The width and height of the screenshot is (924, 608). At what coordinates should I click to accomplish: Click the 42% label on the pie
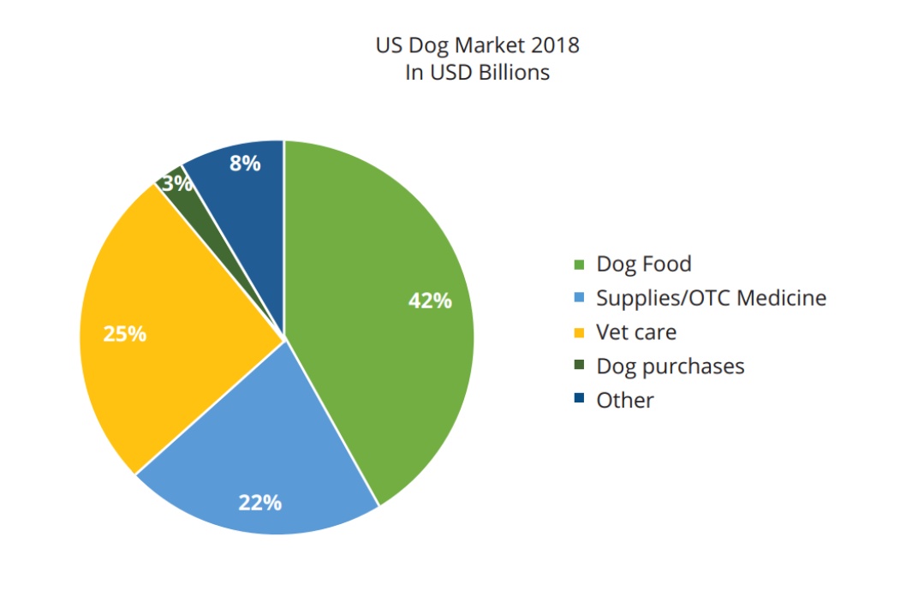(430, 301)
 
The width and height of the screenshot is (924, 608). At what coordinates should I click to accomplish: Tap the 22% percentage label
(259, 503)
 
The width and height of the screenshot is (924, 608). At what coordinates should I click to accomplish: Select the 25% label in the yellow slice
(124, 334)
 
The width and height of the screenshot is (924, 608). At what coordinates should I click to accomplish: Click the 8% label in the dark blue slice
(245, 164)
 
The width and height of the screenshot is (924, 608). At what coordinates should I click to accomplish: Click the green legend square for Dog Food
(579, 265)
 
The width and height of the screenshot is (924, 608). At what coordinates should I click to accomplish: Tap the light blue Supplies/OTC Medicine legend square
(579, 298)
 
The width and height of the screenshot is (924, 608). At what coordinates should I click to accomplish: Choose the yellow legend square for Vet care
(579, 332)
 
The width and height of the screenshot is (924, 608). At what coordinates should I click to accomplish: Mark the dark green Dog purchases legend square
(579, 366)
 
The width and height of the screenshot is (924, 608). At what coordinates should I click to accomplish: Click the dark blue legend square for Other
(579, 400)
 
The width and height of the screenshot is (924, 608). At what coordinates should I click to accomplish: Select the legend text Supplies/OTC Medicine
(711, 298)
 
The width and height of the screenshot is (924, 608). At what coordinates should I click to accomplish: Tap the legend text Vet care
(635, 332)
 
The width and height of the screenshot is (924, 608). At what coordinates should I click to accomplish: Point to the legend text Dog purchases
(670, 367)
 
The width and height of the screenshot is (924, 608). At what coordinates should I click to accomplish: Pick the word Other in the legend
(624, 400)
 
